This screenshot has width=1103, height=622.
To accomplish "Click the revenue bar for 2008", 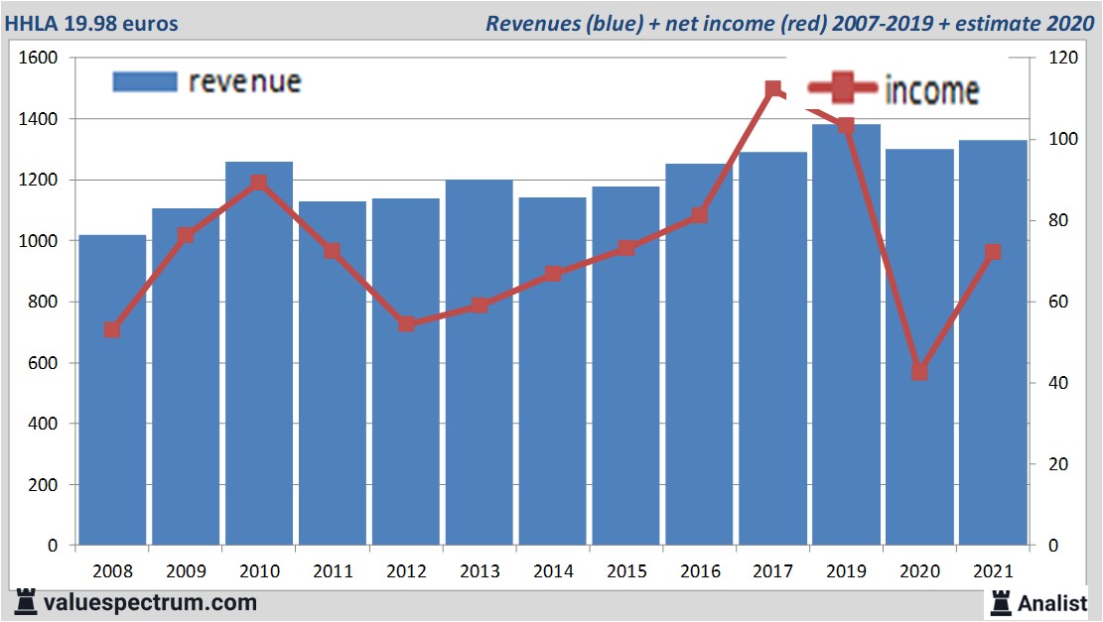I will (112, 397).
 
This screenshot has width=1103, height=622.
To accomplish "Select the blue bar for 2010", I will (259, 357).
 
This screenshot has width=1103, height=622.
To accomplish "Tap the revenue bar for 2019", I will (846, 337).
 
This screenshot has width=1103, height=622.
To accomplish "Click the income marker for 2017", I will (773, 89).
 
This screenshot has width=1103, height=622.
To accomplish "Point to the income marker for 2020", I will (919, 372).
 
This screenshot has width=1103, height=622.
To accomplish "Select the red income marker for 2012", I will (406, 324).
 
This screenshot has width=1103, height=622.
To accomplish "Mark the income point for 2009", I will (186, 236).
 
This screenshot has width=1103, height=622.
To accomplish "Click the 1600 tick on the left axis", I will (40, 59).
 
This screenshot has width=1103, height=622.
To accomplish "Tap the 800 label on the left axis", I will (44, 303).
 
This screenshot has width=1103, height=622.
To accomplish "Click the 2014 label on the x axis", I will (553, 572).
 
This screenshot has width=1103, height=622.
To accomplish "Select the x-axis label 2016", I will (700, 572).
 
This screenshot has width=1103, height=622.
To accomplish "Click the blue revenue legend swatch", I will (145, 81).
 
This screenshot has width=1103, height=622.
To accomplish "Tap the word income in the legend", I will (931, 91).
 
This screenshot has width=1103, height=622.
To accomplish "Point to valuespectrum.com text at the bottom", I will (150, 602).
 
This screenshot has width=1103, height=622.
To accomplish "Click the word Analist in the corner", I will (1052, 602).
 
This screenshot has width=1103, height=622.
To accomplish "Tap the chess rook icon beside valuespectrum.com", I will (26, 602).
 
